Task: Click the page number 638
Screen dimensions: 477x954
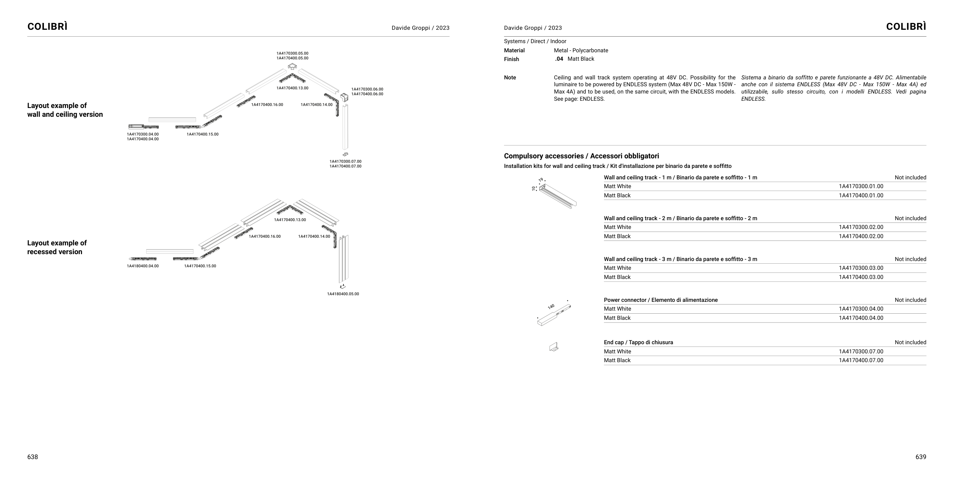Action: (32, 457)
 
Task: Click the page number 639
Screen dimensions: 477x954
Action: (920, 457)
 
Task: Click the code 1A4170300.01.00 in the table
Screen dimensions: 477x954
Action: (861, 186)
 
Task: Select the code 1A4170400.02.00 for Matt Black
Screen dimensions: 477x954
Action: (861, 236)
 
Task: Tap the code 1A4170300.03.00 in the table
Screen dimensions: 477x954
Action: (861, 268)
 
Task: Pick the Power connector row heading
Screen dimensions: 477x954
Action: (661, 300)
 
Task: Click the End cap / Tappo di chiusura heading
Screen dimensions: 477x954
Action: (638, 342)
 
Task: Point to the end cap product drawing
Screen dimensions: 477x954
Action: (554, 347)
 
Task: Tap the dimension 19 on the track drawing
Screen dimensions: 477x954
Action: (541, 180)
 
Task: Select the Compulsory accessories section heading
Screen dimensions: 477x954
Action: (581, 156)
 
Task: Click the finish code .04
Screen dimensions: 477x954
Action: (559, 59)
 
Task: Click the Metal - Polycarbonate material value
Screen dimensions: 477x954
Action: (581, 50)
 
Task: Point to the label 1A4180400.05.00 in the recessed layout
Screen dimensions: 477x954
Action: (343, 294)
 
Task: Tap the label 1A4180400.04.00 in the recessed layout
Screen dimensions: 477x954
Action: (143, 266)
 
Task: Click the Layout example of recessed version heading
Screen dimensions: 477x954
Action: (57, 247)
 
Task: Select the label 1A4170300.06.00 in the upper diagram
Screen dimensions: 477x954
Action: (367, 89)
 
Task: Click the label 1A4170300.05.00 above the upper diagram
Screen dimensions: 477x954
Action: (292, 53)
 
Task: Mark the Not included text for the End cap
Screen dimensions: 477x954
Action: (910, 342)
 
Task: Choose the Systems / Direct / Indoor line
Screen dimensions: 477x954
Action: (535, 41)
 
